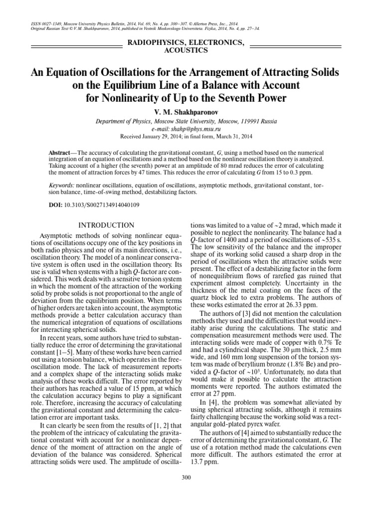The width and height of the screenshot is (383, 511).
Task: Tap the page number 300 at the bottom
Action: point(187,478)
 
